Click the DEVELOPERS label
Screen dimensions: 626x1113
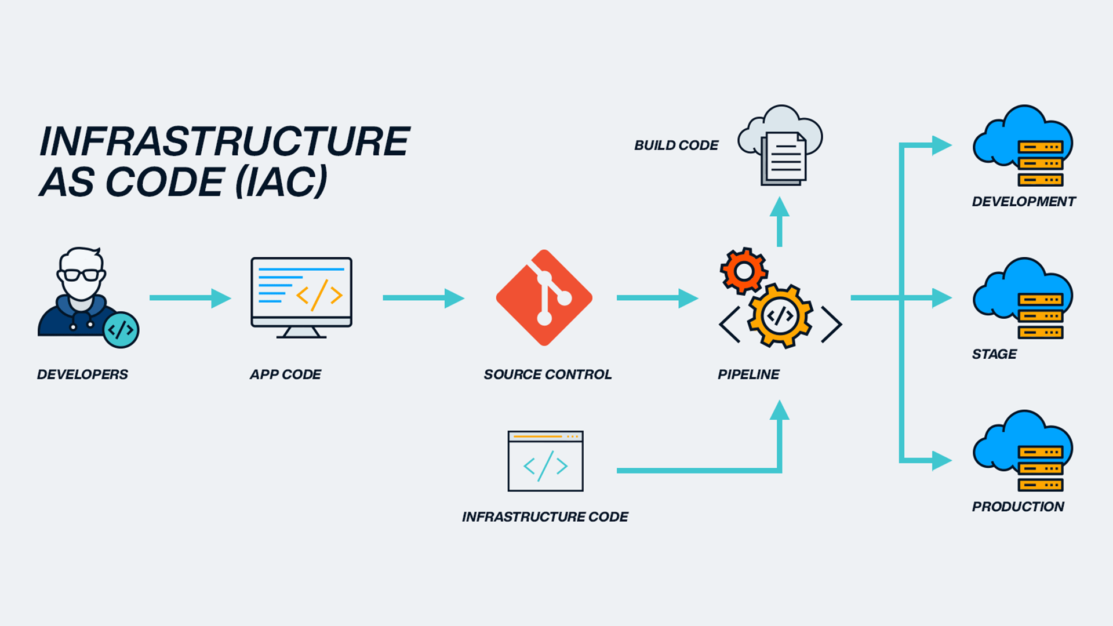82,374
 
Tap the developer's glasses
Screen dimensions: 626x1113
82,275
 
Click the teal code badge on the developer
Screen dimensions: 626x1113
121,330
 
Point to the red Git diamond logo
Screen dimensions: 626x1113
544,298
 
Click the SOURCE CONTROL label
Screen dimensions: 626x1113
547,374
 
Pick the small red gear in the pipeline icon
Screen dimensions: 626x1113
744,271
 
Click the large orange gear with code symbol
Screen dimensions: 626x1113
780,316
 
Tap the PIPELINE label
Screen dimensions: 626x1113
748,374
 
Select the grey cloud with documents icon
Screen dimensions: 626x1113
780,145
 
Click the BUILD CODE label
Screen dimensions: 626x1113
676,145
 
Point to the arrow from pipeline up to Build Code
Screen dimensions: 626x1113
780,223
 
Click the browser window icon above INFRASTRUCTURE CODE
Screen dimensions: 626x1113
545,461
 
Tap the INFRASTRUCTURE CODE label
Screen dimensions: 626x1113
544,516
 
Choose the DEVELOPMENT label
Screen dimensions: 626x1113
1023,202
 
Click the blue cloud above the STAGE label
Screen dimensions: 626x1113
1009,290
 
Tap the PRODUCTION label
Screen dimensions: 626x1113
1017,507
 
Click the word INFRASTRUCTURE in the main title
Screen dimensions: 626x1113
224,141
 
